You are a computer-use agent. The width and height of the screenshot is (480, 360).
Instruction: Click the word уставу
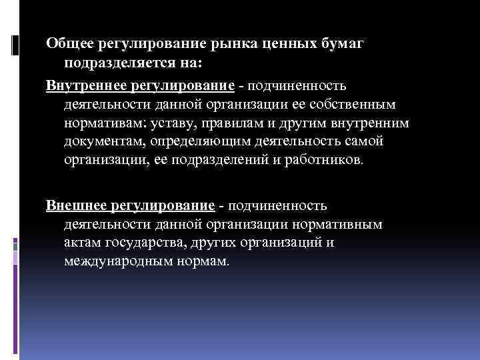click(194, 124)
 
